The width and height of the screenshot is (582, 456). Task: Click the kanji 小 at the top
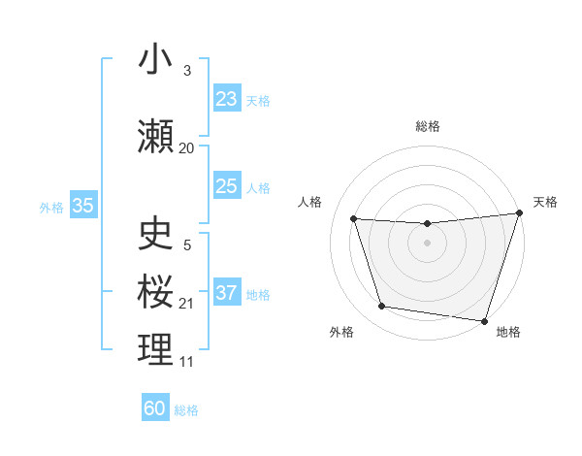pos(155,60)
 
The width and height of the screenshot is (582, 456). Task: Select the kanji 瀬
pos(156,136)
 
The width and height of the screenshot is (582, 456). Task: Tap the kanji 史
pos(156,233)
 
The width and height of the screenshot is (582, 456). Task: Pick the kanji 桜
pos(156,290)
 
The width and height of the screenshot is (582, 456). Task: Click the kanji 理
pos(156,349)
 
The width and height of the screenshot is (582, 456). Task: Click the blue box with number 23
pos(227,99)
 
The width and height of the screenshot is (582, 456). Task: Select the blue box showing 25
pos(227,186)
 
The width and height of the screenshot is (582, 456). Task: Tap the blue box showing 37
pos(227,293)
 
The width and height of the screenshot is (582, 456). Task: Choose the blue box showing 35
pos(83,206)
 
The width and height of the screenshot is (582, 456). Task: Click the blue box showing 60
pos(155,408)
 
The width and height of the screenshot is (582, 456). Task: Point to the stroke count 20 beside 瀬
pos(187,147)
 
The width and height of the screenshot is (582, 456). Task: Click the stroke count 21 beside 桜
pos(187,304)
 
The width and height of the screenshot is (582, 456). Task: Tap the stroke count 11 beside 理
pos(187,362)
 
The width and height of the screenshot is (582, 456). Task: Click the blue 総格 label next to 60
pos(186,410)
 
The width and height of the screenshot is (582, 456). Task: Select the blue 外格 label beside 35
pos(51,207)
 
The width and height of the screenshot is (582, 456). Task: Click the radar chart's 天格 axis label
pos(545,202)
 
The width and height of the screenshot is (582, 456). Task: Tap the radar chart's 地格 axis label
pos(508,332)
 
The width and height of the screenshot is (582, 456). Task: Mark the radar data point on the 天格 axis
pos(519,213)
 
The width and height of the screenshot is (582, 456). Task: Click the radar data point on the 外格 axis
pos(382,307)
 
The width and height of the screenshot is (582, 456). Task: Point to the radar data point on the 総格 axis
pos(427,224)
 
